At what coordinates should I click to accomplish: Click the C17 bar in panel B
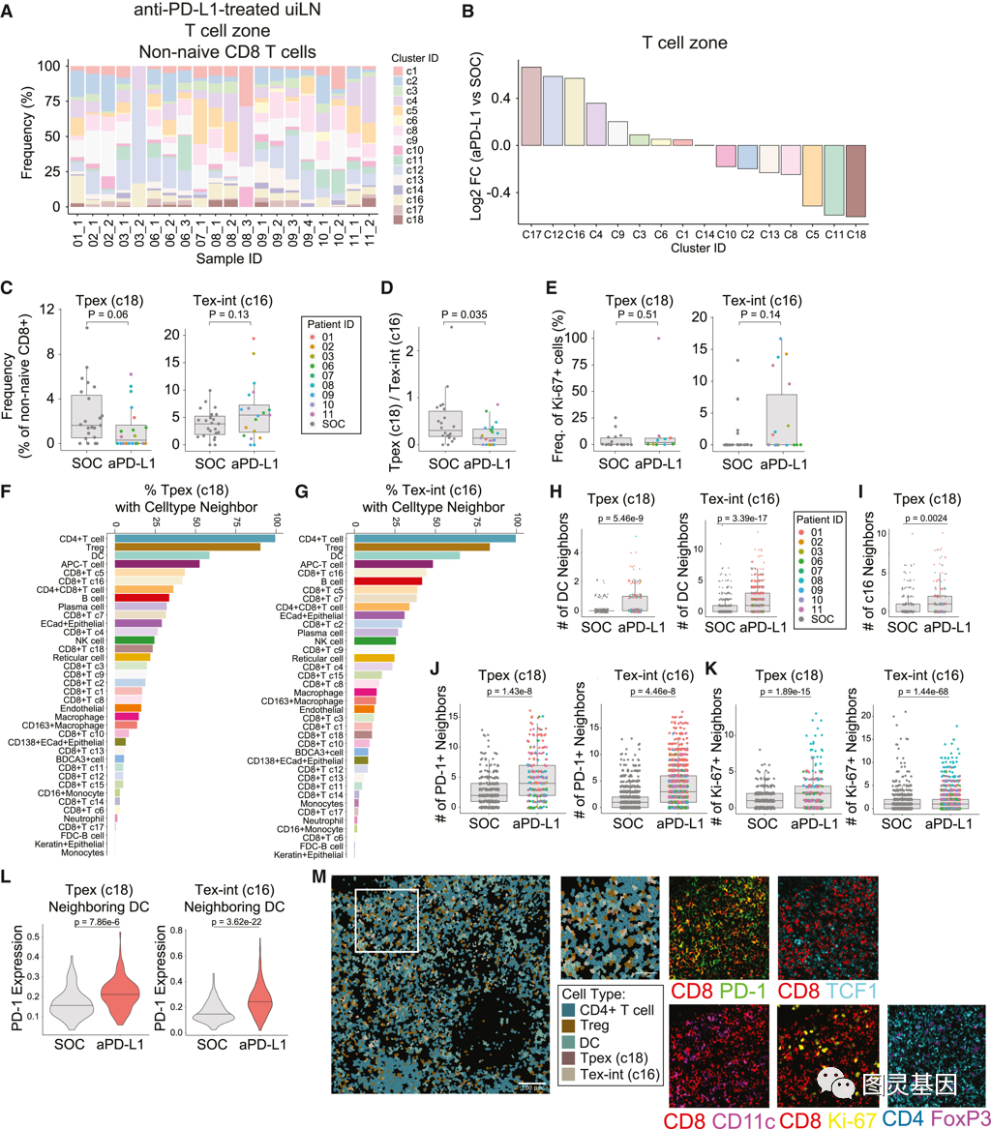click(x=531, y=105)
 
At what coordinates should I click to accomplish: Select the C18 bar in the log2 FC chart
click(x=855, y=180)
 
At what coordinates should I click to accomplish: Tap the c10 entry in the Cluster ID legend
click(x=411, y=150)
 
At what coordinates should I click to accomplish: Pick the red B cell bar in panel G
click(x=381, y=580)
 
